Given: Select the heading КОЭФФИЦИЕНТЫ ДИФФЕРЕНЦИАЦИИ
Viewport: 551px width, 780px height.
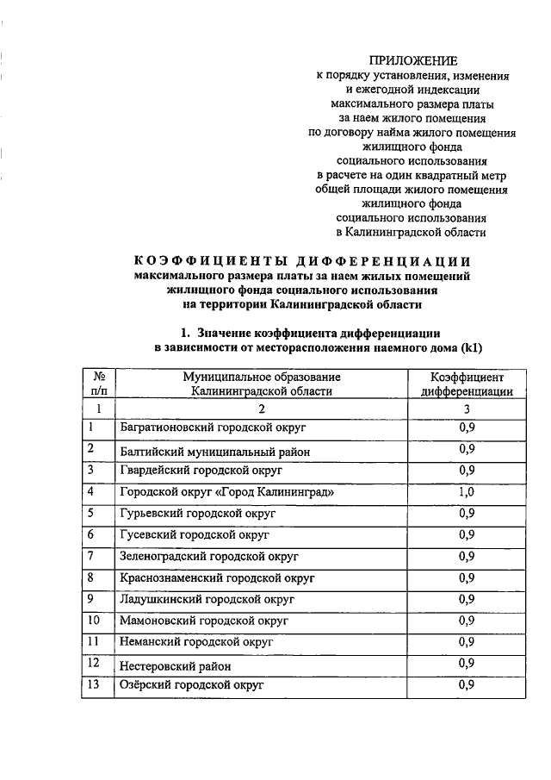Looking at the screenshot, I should pos(303,262).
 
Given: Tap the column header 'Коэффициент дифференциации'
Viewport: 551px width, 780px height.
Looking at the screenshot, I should pos(467,384).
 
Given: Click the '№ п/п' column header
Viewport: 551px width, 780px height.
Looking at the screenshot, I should pos(99,384).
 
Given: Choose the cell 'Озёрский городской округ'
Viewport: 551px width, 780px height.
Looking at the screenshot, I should pos(191,685).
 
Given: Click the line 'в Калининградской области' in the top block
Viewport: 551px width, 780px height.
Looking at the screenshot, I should pos(411,232).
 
